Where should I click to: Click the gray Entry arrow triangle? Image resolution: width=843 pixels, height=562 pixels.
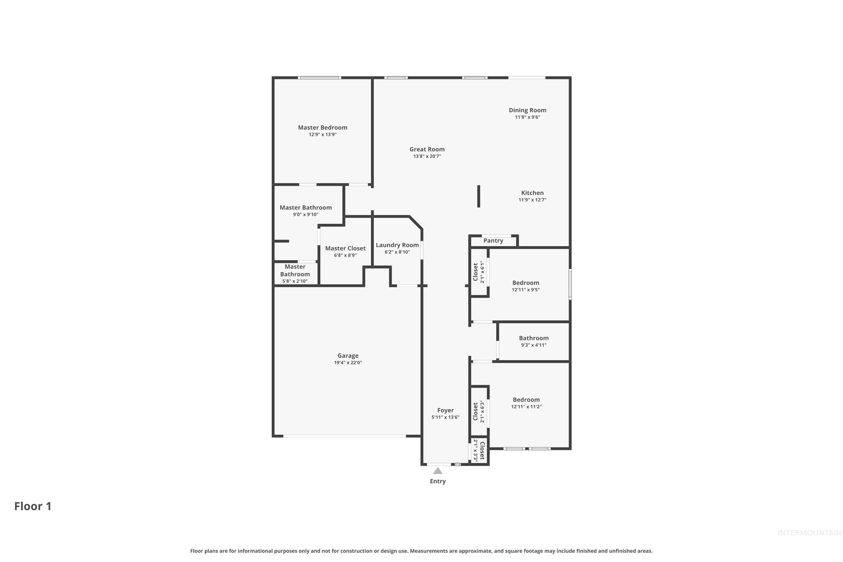[x=438, y=471]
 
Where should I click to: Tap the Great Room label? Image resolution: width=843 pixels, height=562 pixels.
[x=427, y=149]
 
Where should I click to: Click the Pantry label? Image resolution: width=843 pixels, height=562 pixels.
[x=493, y=241]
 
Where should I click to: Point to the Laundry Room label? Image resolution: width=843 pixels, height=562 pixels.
[x=397, y=245]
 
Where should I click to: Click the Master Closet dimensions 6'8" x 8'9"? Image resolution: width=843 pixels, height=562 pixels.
[x=345, y=255]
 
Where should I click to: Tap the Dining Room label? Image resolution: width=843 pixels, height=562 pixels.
[x=527, y=110]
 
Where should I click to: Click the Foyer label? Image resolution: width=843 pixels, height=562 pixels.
[x=445, y=410]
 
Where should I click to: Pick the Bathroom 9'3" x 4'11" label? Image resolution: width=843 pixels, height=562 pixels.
[x=533, y=338]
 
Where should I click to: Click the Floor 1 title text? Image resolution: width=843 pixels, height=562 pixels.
[x=33, y=506]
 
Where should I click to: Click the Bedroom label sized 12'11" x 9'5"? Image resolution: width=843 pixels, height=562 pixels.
[x=525, y=283]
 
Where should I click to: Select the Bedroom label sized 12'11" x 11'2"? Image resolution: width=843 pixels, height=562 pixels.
[x=526, y=400]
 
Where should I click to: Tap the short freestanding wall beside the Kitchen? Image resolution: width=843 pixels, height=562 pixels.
[x=479, y=196]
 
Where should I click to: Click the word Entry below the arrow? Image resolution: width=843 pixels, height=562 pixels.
[x=438, y=481]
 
